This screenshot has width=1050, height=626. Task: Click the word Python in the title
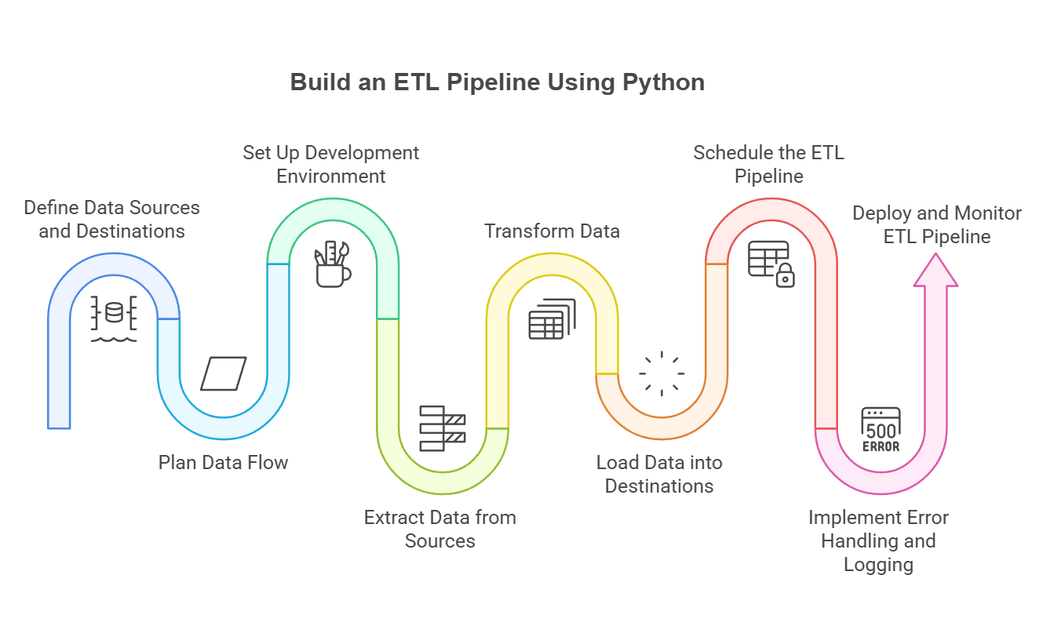point(663,82)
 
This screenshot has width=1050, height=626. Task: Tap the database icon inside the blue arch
point(115,312)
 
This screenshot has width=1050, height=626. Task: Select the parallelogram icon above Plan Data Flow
point(224,373)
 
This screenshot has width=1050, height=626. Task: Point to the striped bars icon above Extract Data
point(443,428)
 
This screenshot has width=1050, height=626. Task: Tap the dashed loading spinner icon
point(661,373)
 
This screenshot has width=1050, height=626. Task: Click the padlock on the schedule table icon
point(786,276)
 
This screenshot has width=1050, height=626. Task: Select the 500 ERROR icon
point(880,429)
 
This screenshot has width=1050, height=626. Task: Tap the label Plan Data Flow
point(224,463)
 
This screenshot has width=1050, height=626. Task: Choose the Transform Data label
point(552,231)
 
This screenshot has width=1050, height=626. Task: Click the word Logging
point(879,565)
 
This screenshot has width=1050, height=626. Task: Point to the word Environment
point(331,177)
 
